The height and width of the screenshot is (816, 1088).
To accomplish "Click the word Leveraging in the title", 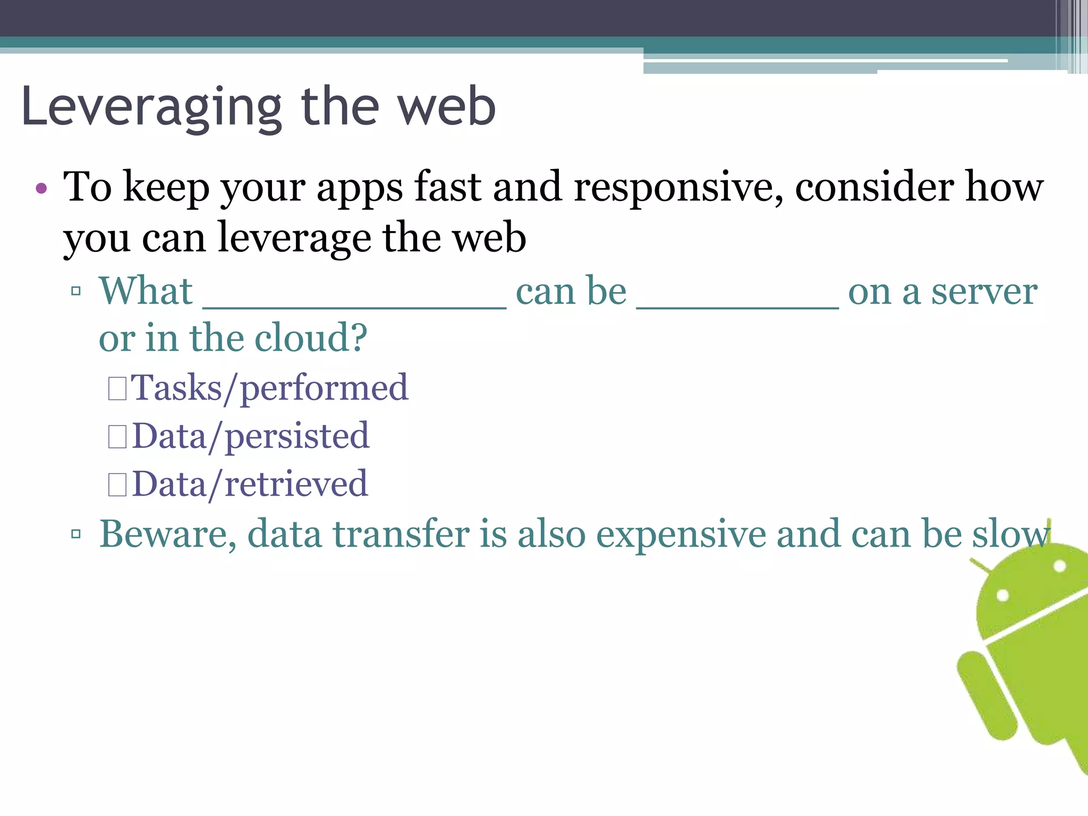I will click(151, 108).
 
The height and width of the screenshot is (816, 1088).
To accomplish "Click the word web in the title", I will click(447, 108).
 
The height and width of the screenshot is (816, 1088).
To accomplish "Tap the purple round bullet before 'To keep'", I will click(41, 189).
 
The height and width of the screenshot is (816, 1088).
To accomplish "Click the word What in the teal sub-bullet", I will click(146, 292).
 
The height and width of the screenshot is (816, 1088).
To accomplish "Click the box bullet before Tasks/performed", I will click(117, 388).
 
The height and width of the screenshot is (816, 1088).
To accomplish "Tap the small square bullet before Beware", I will click(76, 533).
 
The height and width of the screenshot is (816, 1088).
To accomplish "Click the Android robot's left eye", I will click(1002, 595).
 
